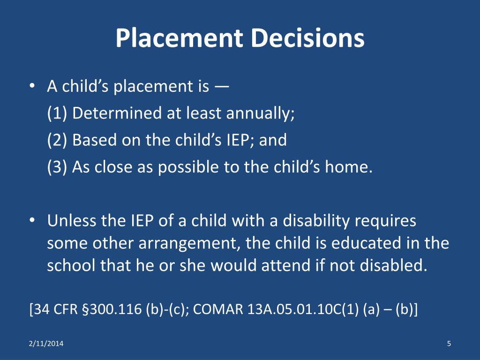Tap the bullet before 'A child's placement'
32,86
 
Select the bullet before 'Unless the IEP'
32,221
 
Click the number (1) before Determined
57,113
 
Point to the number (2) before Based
57,140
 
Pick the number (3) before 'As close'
57,167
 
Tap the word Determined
117,113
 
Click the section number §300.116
112,309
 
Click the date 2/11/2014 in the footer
46,344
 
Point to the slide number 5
449,344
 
